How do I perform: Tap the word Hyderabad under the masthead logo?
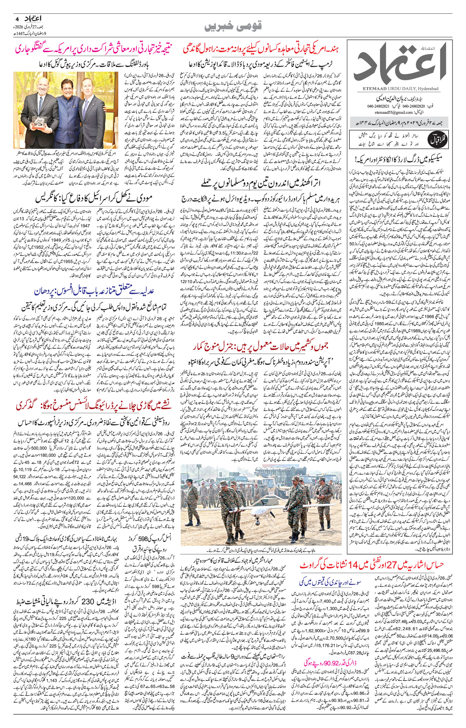pyautogui.click(x=429, y=88)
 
